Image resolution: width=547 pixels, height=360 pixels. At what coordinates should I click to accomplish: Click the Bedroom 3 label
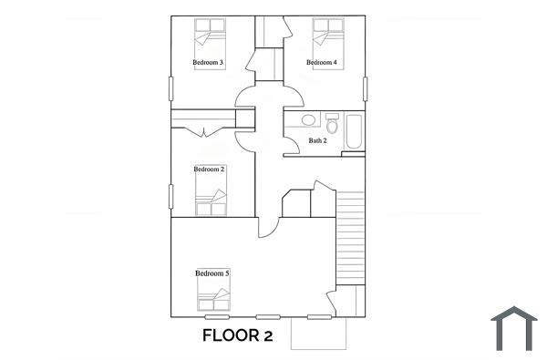pos(208,62)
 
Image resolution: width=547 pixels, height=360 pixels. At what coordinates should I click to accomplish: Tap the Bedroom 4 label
pos(322,62)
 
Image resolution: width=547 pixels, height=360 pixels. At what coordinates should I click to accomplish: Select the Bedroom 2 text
pos(209,169)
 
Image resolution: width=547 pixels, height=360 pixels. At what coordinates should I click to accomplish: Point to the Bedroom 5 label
pos(212,273)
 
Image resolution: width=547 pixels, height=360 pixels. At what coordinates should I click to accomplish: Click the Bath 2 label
pos(317,140)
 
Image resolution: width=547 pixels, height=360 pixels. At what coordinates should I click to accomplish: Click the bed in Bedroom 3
pos(211,36)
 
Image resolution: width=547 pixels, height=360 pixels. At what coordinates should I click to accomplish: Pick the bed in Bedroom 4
pos(326,36)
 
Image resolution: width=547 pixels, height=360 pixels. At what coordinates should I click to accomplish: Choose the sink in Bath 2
pos(308,119)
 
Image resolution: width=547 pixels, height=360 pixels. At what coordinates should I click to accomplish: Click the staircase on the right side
pos(350,237)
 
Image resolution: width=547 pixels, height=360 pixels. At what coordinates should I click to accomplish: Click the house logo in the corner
pos(514,328)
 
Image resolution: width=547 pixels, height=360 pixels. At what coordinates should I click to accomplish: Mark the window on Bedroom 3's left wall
pos(170,89)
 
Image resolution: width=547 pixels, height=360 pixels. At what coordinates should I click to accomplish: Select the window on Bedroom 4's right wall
pos(366,89)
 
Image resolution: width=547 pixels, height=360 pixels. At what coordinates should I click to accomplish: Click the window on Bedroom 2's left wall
pos(170,196)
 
